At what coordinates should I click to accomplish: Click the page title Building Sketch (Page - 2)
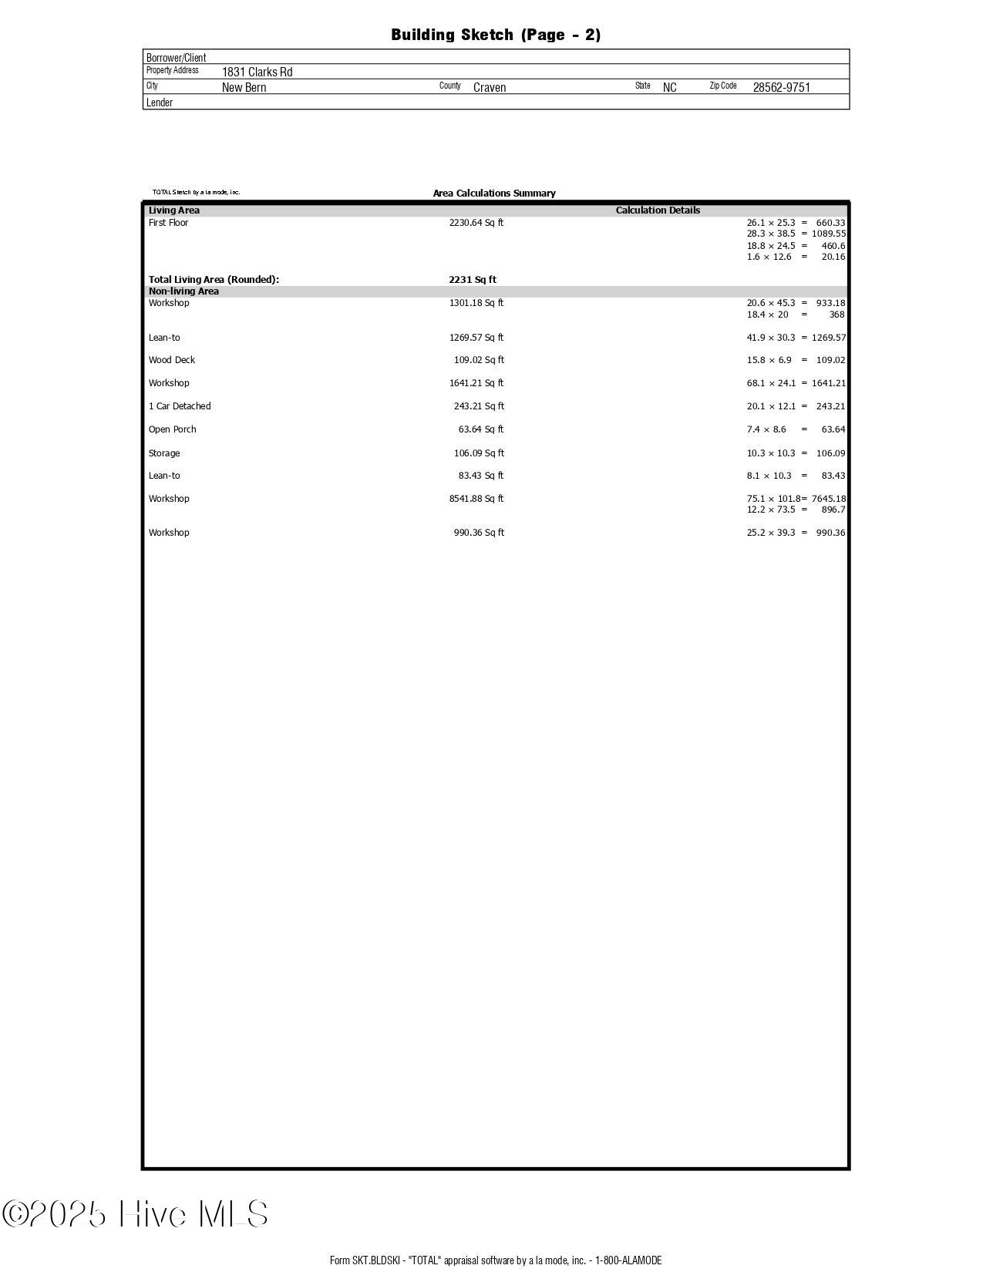[x=495, y=35]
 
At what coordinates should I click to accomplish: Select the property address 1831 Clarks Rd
[x=257, y=72]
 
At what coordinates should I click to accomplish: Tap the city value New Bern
[x=244, y=87]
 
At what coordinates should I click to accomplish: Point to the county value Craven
[x=490, y=87]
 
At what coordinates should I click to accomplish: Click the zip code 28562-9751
[x=781, y=87]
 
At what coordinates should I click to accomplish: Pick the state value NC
[x=669, y=87]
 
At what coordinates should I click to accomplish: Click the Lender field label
[x=160, y=103]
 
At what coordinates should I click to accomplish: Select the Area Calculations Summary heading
[x=493, y=193]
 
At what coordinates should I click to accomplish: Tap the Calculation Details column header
[x=658, y=210]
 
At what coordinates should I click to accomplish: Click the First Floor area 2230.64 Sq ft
[x=476, y=223]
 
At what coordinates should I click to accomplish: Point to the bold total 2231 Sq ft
[x=472, y=280]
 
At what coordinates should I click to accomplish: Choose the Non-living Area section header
[x=183, y=291]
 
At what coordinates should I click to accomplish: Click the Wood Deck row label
[x=172, y=360]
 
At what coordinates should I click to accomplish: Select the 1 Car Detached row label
[x=180, y=406]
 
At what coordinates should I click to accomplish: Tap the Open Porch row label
[x=172, y=429]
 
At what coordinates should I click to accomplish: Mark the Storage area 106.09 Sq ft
[x=479, y=453]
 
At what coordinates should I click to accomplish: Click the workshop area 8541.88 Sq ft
[x=476, y=499]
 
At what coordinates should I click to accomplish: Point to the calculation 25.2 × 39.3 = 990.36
[x=795, y=533]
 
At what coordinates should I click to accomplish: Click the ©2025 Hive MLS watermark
[x=135, y=1214]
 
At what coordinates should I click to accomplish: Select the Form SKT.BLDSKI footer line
[x=495, y=1260]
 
